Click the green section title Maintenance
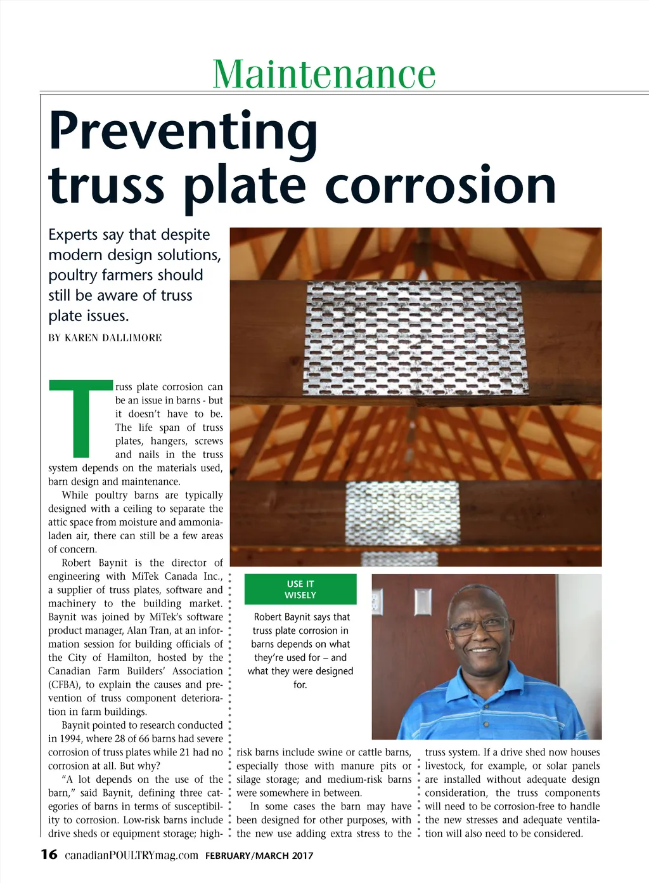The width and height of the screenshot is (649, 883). pos(324,74)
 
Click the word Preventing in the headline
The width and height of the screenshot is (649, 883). pos(183,131)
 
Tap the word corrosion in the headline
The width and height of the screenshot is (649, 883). pos(440,185)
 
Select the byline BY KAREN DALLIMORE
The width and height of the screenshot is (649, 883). pos(105,337)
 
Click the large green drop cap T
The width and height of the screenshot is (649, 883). pos(80,419)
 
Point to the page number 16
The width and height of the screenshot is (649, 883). pos(49,854)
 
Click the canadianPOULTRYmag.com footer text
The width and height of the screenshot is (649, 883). pos(131,855)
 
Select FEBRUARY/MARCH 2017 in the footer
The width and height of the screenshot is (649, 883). pos(259,856)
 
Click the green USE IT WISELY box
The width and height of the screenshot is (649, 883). pos(300,589)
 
